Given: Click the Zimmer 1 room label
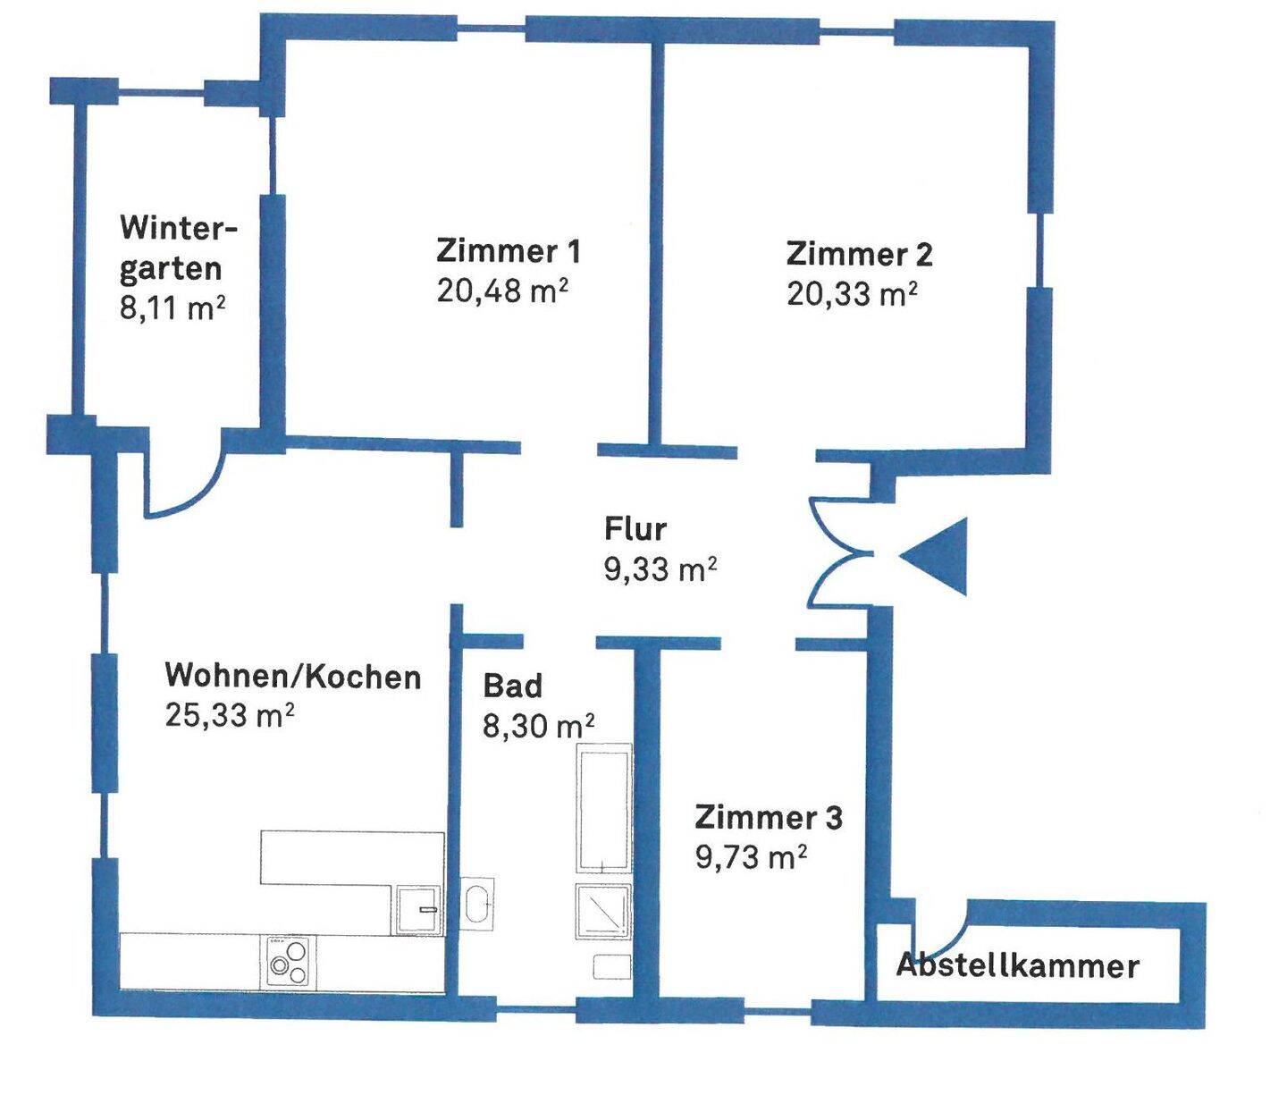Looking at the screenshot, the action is pyautogui.click(x=508, y=252).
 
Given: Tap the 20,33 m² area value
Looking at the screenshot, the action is pyautogui.click(x=853, y=294).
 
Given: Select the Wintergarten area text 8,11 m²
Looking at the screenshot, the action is pyautogui.click(x=172, y=307).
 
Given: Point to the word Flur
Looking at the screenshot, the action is pyautogui.click(x=635, y=529).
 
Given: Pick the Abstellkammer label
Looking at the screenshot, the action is pyautogui.click(x=1017, y=966).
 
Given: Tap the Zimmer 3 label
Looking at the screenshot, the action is pyautogui.click(x=769, y=817).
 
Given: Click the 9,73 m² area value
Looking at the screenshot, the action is pyautogui.click(x=751, y=858).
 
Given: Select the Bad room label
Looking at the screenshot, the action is pyautogui.click(x=512, y=686).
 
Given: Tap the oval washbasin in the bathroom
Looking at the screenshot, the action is pyautogui.click(x=477, y=904).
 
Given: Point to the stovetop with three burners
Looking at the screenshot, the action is pyautogui.click(x=289, y=961).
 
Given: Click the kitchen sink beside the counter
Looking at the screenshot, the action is pyautogui.click(x=418, y=909).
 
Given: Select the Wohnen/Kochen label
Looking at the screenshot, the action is pyautogui.click(x=292, y=677).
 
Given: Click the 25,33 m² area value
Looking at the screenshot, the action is pyautogui.click(x=229, y=715).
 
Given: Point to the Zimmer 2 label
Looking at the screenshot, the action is pyautogui.click(x=859, y=255).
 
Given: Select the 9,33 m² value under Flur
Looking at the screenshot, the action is pyautogui.click(x=660, y=569).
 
